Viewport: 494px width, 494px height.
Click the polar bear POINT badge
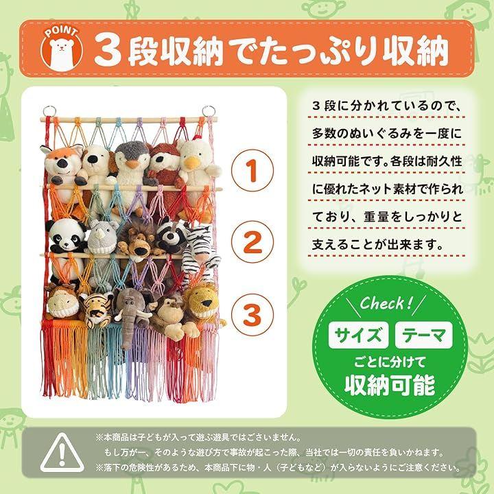point(62,50)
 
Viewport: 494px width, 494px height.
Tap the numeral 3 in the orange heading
point(108,49)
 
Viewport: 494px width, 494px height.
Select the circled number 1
point(252,170)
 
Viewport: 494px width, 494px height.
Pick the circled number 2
point(252,242)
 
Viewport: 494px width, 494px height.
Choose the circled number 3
point(252,315)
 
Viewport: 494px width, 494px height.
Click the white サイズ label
point(358,336)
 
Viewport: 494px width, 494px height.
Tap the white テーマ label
point(424,336)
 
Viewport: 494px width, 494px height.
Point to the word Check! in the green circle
point(386,303)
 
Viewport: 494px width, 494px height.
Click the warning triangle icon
point(62,453)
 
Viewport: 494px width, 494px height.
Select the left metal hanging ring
point(49,111)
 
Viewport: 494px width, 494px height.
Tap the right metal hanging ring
point(209,111)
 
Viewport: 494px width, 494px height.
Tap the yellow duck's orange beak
point(190,163)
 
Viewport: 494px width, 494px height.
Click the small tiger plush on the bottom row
point(96,309)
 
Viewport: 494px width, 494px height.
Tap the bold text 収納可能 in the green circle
point(390,385)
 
